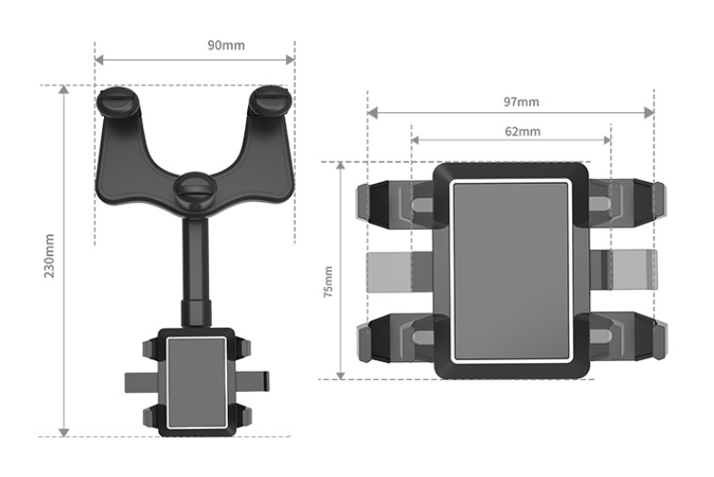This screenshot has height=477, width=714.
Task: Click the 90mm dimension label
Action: pos(195,44)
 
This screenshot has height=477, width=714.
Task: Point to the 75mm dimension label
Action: pos(328,282)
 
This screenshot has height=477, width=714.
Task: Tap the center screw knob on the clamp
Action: pos(195,189)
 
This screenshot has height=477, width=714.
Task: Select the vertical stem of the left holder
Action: pos(195,272)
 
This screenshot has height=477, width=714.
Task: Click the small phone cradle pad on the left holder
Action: pos(195,379)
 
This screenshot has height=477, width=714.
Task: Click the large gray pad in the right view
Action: pos(511,269)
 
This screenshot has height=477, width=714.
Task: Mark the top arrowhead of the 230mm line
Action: pos(63,90)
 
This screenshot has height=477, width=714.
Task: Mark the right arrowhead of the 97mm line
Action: pos(649,113)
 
